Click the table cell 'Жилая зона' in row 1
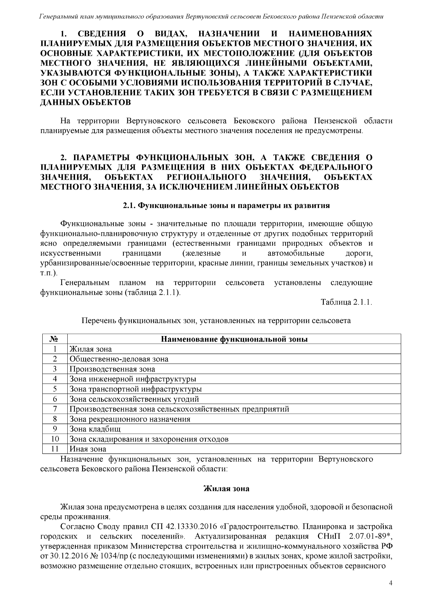coord(91,349)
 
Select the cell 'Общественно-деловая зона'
coord(119,359)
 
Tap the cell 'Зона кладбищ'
coord(95,429)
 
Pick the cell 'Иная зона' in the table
coord(88,449)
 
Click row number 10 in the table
coord(55,439)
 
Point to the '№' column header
coord(55,339)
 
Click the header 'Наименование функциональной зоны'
coord(234,339)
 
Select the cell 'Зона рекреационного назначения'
coord(130,419)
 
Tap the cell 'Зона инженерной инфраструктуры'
coord(133,379)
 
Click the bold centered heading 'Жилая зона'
coord(226,489)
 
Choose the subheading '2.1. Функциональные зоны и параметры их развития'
coord(226,205)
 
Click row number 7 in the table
coord(55,409)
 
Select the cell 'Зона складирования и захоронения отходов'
coord(149,439)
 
